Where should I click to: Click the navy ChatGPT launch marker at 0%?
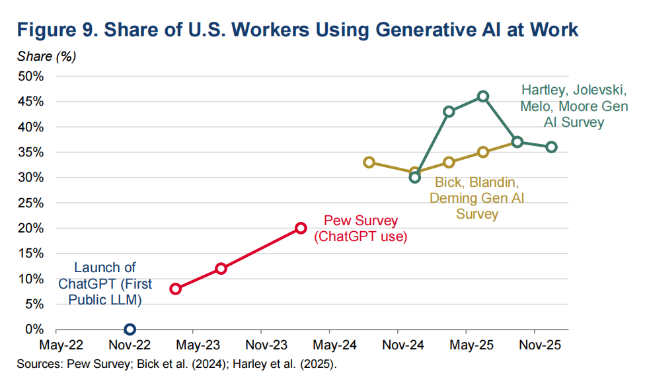click(x=130, y=329)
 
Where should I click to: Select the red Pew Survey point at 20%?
click(x=301, y=228)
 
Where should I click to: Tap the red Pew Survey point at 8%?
click(x=176, y=289)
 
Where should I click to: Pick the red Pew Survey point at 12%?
click(x=221, y=269)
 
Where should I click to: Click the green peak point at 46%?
click(x=483, y=96)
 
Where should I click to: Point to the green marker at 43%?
click(x=449, y=112)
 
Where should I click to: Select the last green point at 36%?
click(x=552, y=147)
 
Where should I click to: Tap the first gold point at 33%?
click(x=369, y=162)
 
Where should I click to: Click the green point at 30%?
click(x=415, y=177)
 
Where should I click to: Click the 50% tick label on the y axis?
click(x=31, y=77)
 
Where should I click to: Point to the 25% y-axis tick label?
click(x=31, y=203)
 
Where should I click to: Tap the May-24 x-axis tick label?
click(x=330, y=345)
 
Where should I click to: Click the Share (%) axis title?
click(x=46, y=55)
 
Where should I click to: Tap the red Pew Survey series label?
click(x=360, y=229)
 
